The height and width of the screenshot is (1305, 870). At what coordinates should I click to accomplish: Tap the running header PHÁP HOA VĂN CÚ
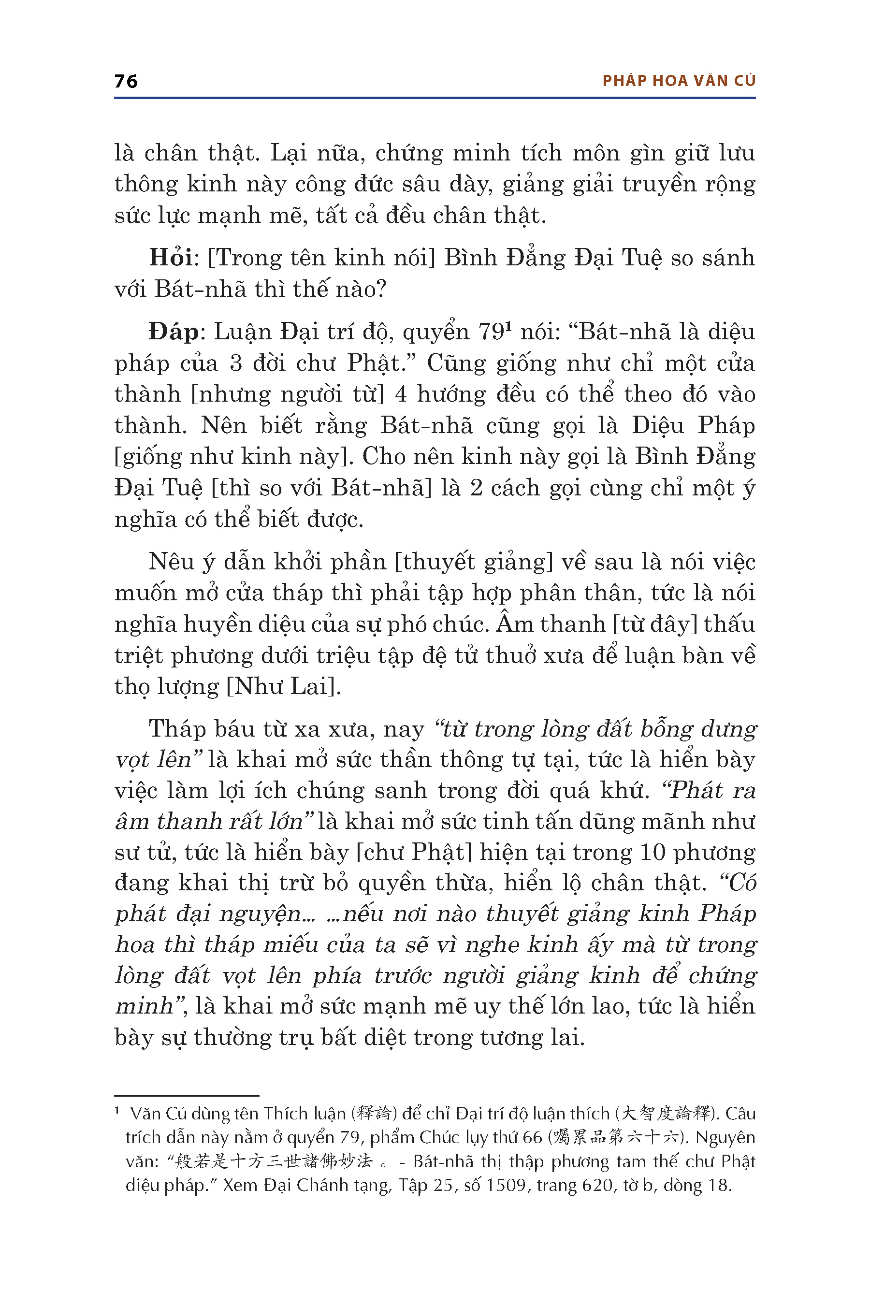[679, 81]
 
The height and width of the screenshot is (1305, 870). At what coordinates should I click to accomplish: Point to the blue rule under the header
[435, 98]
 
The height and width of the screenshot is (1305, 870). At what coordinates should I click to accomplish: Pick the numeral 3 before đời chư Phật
[236, 364]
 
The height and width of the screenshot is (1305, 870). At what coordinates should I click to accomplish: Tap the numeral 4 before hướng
[401, 395]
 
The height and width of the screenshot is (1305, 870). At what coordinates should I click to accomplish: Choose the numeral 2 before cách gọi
[476, 488]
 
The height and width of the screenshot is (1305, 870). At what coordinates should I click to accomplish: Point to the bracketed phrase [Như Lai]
[283, 687]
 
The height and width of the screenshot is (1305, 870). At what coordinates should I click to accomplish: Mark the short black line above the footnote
[187, 1096]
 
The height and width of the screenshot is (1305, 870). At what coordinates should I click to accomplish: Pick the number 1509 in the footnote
[506, 1185]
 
